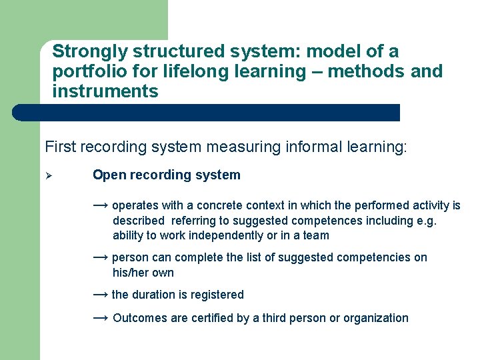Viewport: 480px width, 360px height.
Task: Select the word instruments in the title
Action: tap(105, 91)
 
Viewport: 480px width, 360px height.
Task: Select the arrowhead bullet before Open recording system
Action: tap(49, 176)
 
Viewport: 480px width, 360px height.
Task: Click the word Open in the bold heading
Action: tap(107, 175)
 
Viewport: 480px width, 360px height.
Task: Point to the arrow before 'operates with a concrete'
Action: tap(101, 205)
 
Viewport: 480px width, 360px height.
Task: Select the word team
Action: tap(317, 235)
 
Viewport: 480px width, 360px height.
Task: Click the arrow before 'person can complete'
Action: tap(101, 257)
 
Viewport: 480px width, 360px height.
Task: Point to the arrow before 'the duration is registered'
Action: tap(101, 294)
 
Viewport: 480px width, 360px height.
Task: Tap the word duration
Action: tap(155, 295)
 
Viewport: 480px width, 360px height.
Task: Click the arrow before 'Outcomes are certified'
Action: tap(101, 318)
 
